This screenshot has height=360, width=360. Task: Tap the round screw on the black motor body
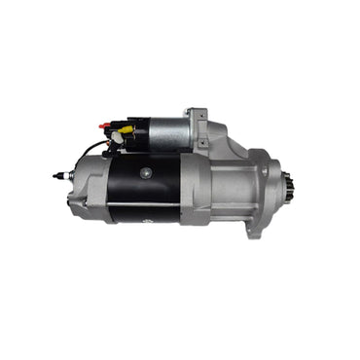[146, 171]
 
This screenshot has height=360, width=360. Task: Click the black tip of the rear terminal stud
[56, 176]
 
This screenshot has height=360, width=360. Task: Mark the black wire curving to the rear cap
[90, 150]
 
